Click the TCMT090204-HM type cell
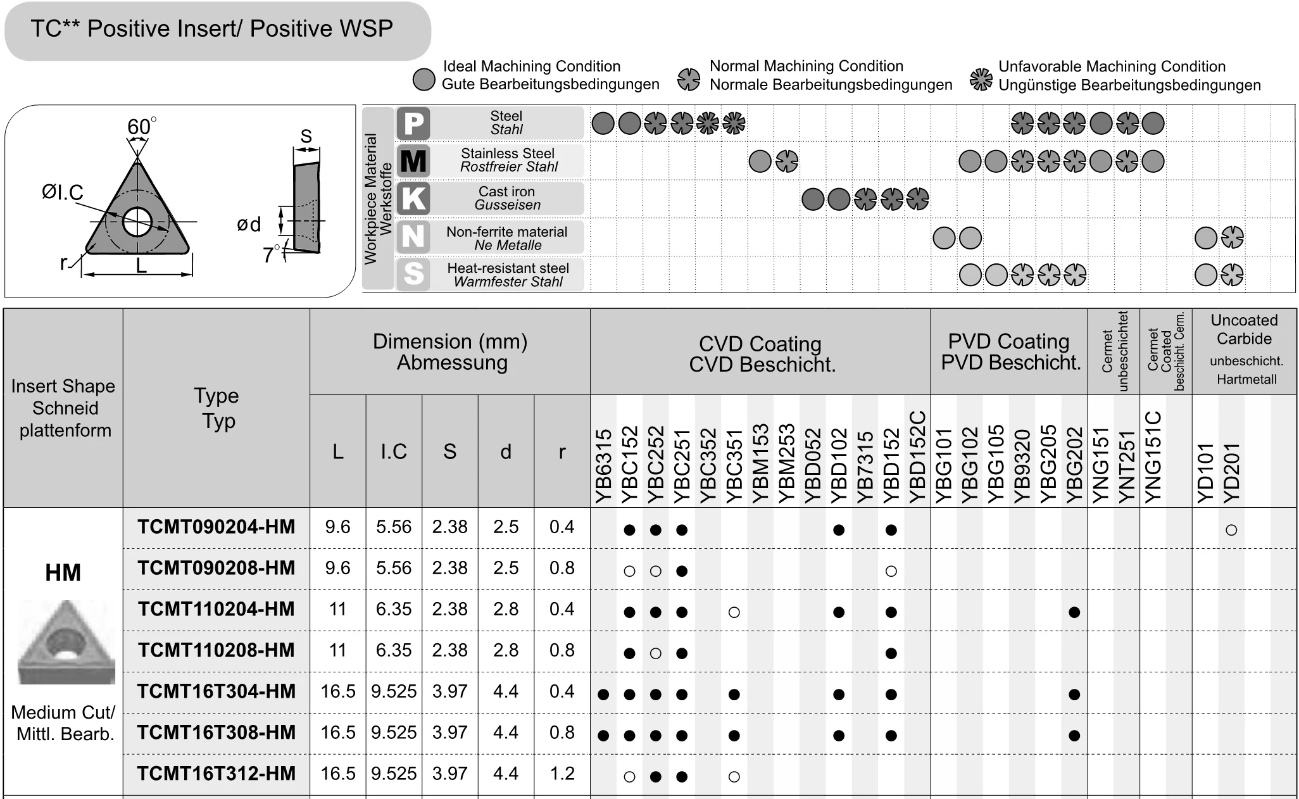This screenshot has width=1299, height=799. pos(216,527)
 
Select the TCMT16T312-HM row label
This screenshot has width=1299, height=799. pos(216,774)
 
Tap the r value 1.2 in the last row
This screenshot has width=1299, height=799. pos(562,774)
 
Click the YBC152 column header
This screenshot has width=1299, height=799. pos(629,465)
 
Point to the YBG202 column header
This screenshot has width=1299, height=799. pos(1074,465)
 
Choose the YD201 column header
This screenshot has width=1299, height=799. pos(1231,472)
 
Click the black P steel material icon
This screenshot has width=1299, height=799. pos(413,123)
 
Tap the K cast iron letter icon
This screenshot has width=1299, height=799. pos(413,198)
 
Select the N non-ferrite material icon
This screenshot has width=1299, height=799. pos(413,236)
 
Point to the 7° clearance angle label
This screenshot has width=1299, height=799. pos(271,255)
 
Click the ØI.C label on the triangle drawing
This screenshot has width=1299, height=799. pos(63,192)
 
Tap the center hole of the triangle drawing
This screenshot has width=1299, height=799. pos(137,222)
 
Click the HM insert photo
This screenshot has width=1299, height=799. pos(65,642)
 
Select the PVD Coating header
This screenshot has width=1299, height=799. pos(1009,352)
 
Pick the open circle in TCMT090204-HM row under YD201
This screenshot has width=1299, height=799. pos(1231,530)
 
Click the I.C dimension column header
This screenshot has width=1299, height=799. pos(394,451)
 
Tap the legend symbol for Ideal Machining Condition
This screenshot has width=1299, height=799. pos(424,80)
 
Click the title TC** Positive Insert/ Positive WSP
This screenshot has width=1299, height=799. pos(212,29)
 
